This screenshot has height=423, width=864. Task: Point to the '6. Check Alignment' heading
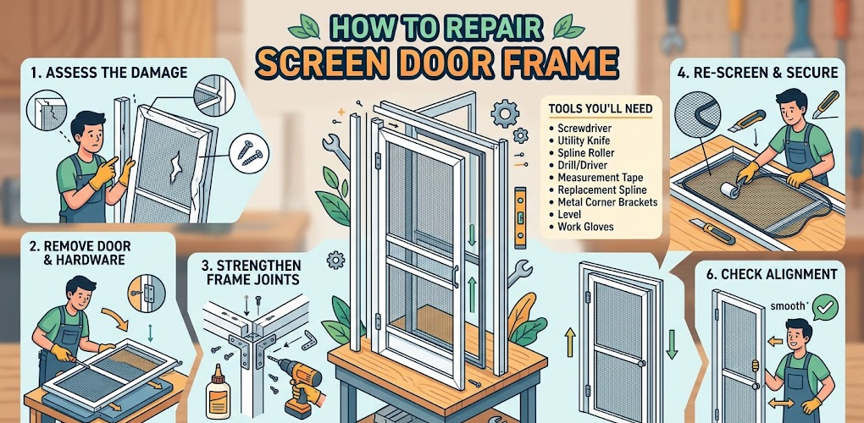click(x=773, y=274)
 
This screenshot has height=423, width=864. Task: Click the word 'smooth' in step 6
click(x=789, y=305)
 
